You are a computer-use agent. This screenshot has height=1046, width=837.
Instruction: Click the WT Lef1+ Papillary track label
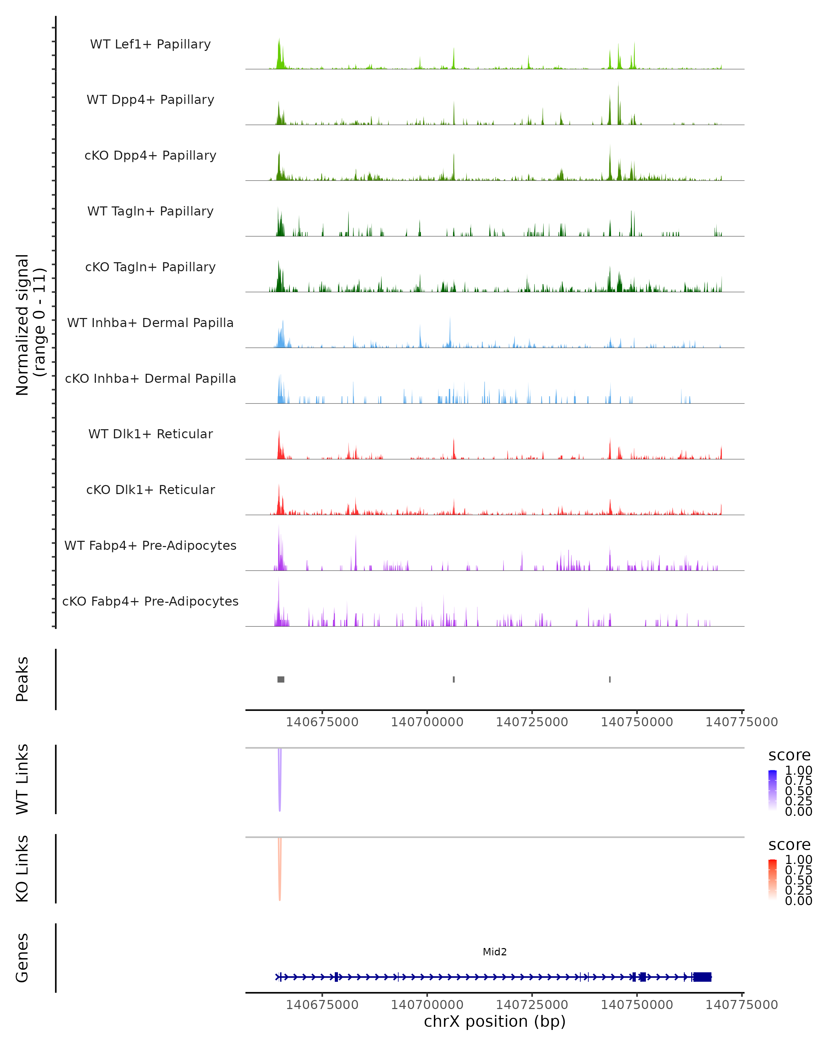[x=150, y=44]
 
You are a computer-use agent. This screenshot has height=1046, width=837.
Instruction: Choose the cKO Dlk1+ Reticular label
[x=150, y=490]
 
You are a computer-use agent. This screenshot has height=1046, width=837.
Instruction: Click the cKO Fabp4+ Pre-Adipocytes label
[x=150, y=601]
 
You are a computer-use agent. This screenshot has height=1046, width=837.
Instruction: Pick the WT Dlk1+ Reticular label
[x=150, y=434]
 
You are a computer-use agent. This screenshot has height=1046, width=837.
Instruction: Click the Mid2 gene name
[x=495, y=952]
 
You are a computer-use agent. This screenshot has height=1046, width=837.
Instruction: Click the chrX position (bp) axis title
[x=495, y=1021]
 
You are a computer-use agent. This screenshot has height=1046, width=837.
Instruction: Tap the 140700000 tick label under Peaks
[x=427, y=722]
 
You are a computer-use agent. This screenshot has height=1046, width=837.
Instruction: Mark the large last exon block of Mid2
[x=702, y=977]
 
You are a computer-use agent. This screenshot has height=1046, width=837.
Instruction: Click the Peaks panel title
[x=22, y=679]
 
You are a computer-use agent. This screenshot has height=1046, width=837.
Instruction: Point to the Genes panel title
[x=22, y=958]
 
